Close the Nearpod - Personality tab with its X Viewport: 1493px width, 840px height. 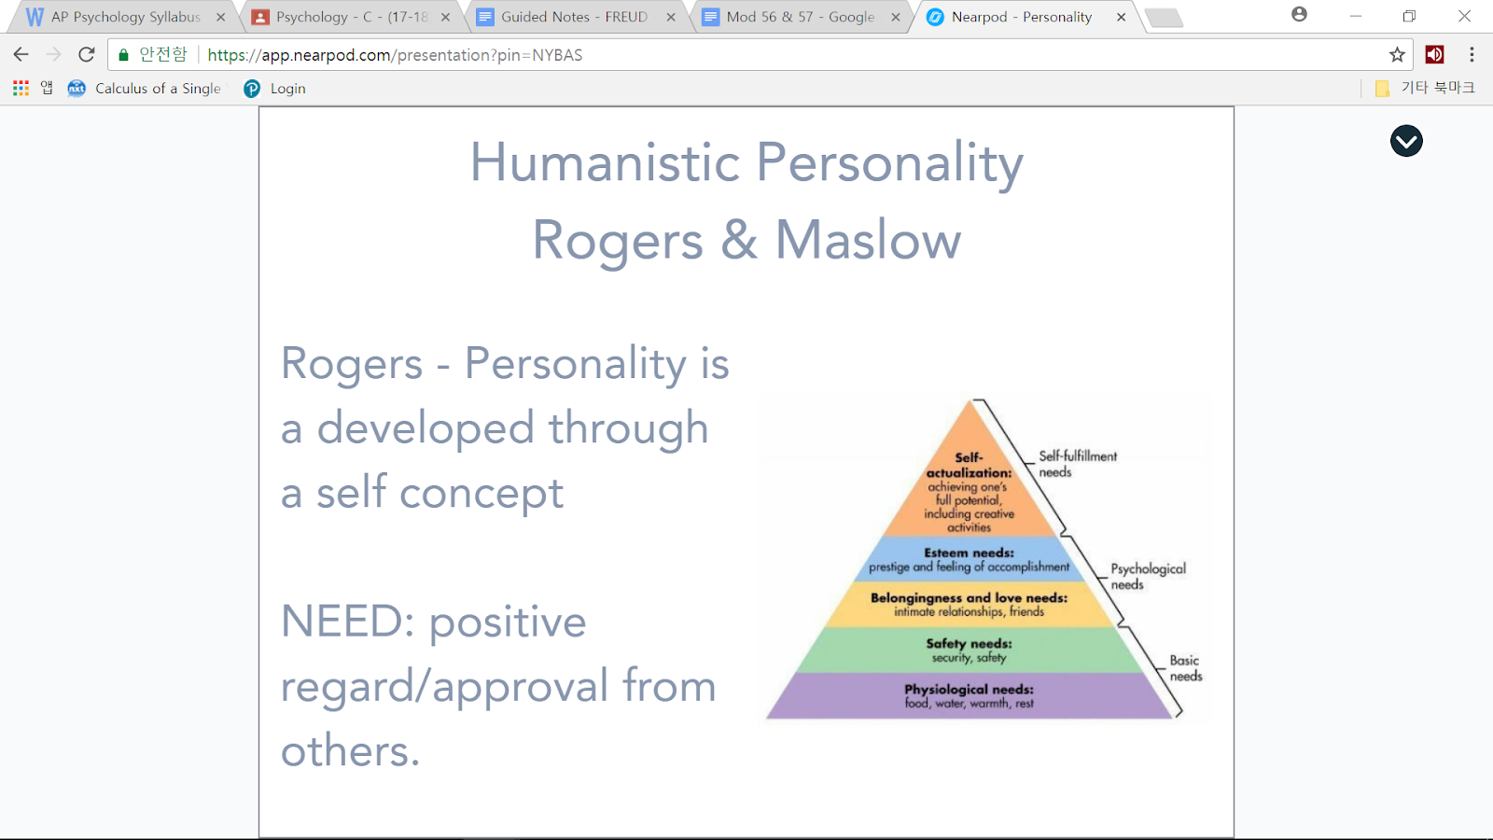pos(1121,17)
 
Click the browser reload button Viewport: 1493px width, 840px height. pos(87,55)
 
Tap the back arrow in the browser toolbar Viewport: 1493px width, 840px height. pos(21,55)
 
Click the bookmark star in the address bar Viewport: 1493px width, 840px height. pos(1397,55)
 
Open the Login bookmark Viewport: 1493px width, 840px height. pos(287,89)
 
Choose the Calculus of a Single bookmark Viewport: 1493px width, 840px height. pos(157,89)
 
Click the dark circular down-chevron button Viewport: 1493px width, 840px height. pos(1406,141)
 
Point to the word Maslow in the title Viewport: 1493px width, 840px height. pos(868,241)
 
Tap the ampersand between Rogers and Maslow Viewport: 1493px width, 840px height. pos(739,241)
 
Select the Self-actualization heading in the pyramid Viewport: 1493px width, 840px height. pos(969,465)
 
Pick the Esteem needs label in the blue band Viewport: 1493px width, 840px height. pos(969,553)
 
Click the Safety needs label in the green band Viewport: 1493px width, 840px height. pos(969,643)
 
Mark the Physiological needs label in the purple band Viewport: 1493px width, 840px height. pos(969,689)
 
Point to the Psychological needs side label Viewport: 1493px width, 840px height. pos(1148,576)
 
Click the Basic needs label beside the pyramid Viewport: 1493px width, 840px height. pos(1185,667)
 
